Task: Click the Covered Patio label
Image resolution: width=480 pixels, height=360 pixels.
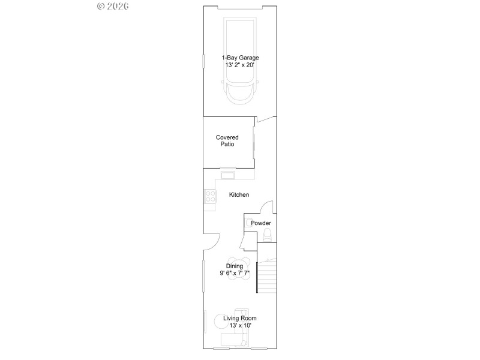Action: (x=227, y=141)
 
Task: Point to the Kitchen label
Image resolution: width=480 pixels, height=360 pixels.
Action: (x=239, y=195)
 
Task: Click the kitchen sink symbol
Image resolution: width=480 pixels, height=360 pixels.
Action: (x=227, y=175)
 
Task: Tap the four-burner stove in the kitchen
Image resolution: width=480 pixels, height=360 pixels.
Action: (x=210, y=196)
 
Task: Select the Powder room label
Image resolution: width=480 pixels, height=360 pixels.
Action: (x=260, y=223)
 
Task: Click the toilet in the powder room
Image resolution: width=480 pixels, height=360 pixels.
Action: (x=268, y=234)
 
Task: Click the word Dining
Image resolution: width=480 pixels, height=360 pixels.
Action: (x=234, y=266)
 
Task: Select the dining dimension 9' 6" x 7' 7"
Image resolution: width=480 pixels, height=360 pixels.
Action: (x=234, y=274)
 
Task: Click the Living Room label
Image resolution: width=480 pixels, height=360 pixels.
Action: (x=239, y=319)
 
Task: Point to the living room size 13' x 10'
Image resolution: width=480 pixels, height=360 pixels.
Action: (x=239, y=326)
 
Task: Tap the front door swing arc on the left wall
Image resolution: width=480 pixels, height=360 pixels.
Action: (x=211, y=241)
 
